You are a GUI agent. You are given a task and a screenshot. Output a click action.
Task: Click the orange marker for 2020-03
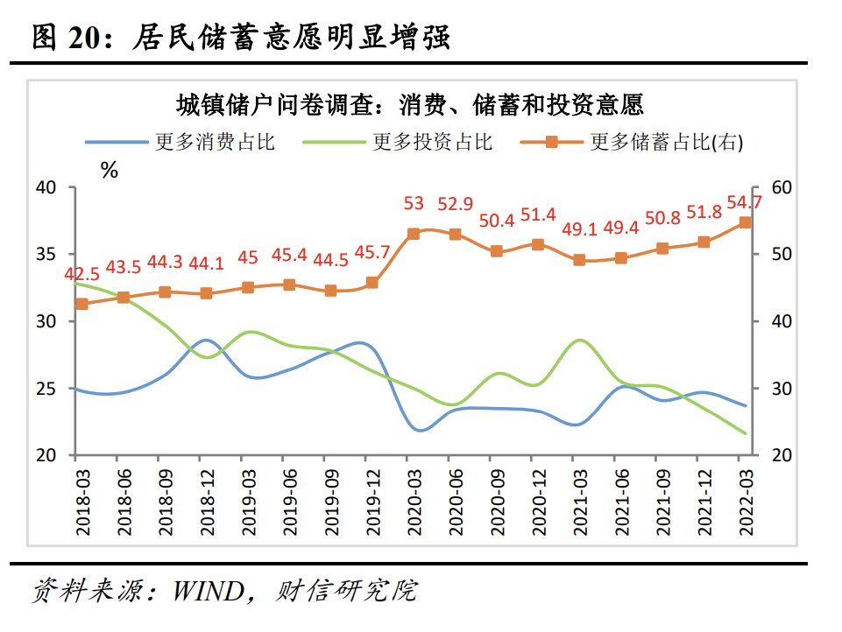tap(414, 234)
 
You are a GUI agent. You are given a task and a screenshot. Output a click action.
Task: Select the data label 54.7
tap(744, 202)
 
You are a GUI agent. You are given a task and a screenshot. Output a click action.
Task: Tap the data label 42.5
tap(81, 275)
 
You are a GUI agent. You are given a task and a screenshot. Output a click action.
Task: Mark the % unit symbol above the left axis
tap(110, 171)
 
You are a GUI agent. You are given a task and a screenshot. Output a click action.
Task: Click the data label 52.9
tap(456, 204)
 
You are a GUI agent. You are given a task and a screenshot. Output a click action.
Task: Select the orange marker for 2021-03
tap(579, 260)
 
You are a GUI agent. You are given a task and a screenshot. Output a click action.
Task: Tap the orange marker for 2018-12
tap(206, 293)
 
